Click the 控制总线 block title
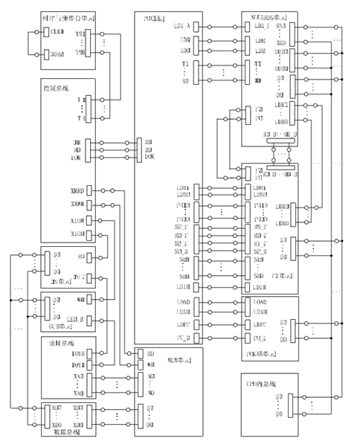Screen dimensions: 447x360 point(54,88)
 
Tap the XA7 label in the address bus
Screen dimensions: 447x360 point(78,377)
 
